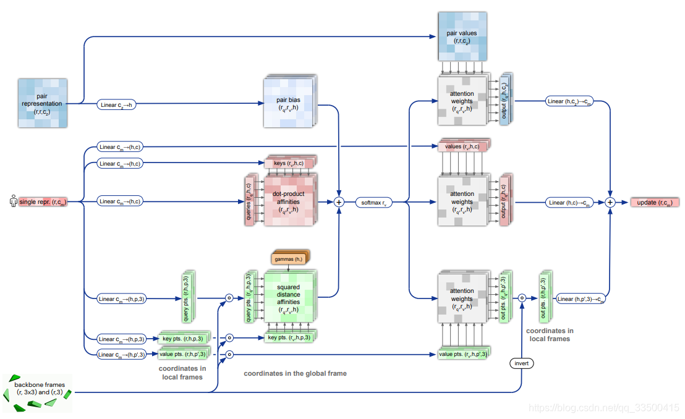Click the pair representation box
click(x=42, y=103)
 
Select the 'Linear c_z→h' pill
click(x=117, y=104)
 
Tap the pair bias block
click(x=289, y=103)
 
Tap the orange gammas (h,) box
click(x=288, y=258)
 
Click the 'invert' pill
click(x=522, y=363)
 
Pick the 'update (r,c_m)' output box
click(x=654, y=202)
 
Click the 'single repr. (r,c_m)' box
click(x=42, y=201)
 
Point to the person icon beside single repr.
click(x=12, y=201)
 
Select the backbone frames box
click(x=38, y=392)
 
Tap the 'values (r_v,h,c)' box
click(x=462, y=146)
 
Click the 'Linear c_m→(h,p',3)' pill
click(x=122, y=354)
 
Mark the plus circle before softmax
click(x=339, y=201)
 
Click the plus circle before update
click(x=610, y=201)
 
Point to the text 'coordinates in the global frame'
click(x=295, y=373)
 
